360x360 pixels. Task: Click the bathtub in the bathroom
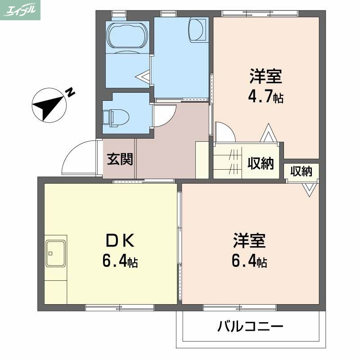(127, 36)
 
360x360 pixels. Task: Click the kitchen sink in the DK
(56, 253)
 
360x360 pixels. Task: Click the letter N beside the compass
(70, 93)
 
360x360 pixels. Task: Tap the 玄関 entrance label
(120, 159)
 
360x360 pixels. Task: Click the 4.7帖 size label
(266, 97)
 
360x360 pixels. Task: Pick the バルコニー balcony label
(251, 326)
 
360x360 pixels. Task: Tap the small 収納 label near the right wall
(301, 171)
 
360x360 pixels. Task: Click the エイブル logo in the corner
(20, 10)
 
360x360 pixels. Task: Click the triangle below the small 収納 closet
(309, 189)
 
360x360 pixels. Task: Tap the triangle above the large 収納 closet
(268, 134)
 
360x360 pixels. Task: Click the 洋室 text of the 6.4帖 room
(249, 241)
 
